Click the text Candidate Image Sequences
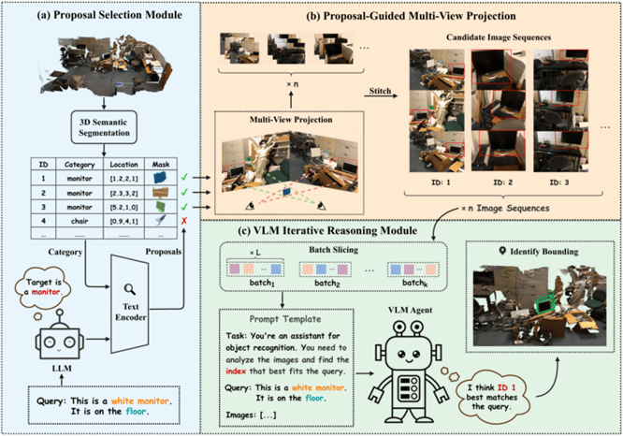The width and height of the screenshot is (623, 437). pyautogui.click(x=505, y=36)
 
